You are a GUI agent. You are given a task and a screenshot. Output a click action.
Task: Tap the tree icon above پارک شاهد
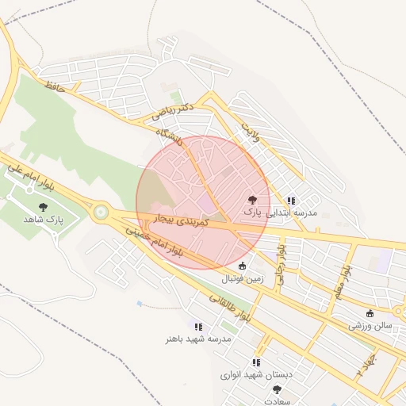[x=43, y=207]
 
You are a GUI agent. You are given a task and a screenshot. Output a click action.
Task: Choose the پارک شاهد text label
[x=43, y=218]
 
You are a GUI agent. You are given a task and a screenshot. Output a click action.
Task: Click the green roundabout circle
[x=101, y=212]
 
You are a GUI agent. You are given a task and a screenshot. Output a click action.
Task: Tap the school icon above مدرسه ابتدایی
[x=291, y=201]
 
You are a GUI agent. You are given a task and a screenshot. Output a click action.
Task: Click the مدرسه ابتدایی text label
[x=295, y=213]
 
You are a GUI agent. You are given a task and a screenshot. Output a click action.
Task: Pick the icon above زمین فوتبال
[x=242, y=266]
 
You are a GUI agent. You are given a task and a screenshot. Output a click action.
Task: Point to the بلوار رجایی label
[x=280, y=265]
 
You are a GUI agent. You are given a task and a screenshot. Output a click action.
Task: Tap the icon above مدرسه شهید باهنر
[x=198, y=326]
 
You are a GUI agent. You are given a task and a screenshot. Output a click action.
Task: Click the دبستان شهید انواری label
[x=256, y=373]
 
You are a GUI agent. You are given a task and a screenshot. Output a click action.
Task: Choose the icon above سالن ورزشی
[x=370, y=313]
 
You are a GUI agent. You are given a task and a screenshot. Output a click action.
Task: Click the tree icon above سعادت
[x=277, y=389]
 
